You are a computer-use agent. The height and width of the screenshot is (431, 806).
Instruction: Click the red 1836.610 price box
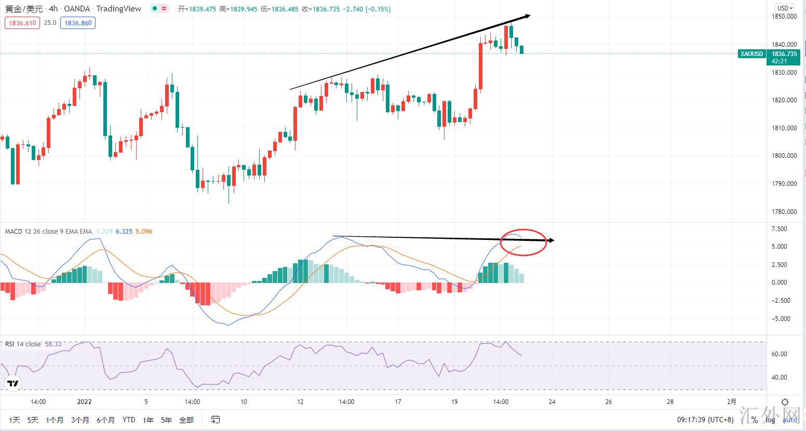pos(22,23)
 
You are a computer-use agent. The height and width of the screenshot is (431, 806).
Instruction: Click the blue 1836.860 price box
pos(78,23)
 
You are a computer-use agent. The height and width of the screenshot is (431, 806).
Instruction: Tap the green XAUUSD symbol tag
pos(751,54)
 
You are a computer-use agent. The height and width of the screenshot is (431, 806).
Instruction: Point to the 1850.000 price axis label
pos(784,17)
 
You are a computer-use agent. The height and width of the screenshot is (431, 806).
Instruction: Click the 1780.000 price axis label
pos(784,211)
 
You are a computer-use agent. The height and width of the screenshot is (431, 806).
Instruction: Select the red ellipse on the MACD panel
pos(523,242)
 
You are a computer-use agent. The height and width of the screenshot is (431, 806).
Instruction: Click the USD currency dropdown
pos(784,8)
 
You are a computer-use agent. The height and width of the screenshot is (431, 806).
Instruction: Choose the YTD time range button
pos(128,420)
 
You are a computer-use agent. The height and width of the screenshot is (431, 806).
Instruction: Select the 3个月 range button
pos(80,420)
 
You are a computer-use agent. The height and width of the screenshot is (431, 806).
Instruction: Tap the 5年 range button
pos(166,420)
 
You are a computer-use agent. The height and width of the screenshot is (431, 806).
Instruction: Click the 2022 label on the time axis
pos(84,401)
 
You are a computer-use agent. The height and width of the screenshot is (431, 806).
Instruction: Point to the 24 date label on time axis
pos(552,401)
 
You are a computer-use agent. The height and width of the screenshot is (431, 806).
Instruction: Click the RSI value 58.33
pos(53,344)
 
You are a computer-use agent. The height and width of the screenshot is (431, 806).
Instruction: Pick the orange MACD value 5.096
pos(143,232)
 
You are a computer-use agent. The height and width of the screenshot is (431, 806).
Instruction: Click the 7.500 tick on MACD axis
pos(779,229)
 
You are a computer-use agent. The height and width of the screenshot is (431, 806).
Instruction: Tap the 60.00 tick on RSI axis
pos(780,354)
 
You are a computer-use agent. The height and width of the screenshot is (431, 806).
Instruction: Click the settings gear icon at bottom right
pos(785,402)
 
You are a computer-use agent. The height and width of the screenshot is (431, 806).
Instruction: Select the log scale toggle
pos(770,420)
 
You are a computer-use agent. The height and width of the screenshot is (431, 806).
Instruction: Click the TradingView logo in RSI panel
pos(12,384)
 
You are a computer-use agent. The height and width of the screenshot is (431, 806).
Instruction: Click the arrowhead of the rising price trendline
pos(528,16)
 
